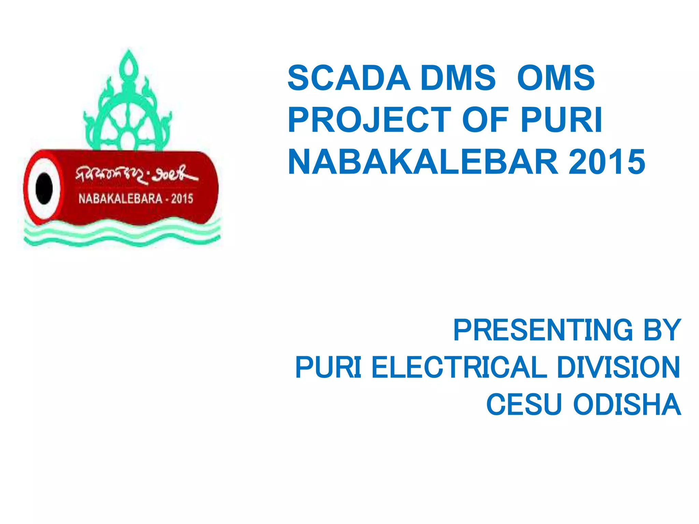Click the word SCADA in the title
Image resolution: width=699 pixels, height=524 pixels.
pos(348,78)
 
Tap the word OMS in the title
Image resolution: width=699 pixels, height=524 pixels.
pos(556,78)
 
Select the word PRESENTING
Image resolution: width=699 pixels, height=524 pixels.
pos(543,330)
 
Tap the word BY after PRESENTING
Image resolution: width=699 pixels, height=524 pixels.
pos(662,330)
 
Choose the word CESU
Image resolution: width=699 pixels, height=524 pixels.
pos(524,405)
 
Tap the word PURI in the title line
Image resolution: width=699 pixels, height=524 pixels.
pos(561,120)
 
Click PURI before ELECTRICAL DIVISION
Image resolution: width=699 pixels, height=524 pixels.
pos(328,367)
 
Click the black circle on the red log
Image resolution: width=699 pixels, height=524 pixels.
pos(44,188)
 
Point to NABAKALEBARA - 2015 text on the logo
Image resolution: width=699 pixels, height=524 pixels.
pos(136,199)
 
